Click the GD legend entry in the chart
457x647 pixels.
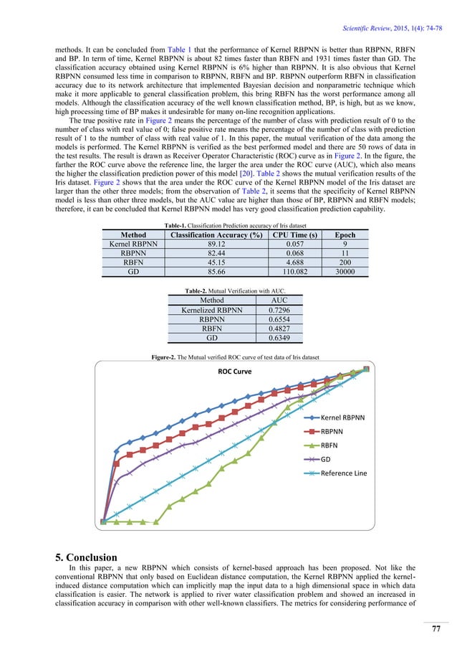(x=326, y=459)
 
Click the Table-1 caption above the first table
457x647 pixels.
(x=228, y=225)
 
